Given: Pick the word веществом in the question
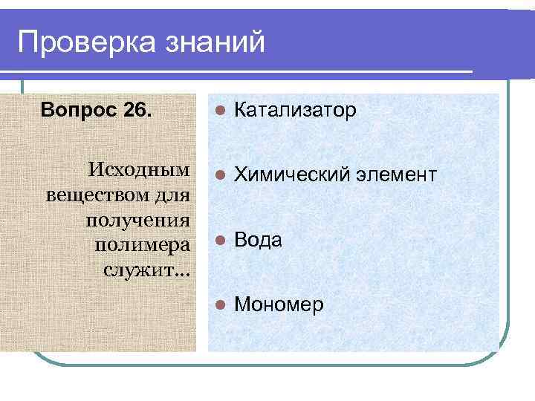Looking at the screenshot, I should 95,196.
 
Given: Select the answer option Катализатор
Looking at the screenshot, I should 295,111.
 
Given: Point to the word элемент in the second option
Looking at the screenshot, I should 395,175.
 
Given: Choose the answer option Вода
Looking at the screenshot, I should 258,240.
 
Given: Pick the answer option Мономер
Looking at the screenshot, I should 279,304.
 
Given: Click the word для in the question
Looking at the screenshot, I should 172,196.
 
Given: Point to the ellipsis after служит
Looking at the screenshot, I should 182,272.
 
